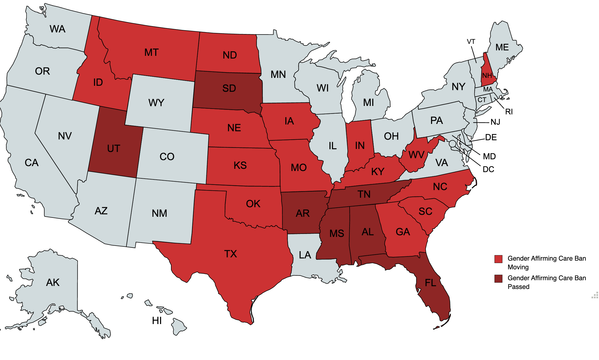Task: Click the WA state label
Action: [x=57, y=29]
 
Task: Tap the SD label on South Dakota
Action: [x=229, y=88]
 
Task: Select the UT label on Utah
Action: [x=114, y=148]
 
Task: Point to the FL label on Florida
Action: [x=430, y=283]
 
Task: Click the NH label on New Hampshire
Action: [x=487, y=75]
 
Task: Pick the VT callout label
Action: [x=471, y=42]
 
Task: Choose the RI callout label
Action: [x=509, y=112]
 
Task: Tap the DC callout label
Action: [x=488, y=169]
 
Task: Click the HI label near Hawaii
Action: [x=157, y=321]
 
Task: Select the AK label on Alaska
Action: [x=53, y=282]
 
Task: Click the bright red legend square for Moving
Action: [x=498, y=259]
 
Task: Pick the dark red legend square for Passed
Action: [x=498, y=279]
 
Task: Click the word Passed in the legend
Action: [x=518, y=287]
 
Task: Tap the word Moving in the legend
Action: [x=518, y=267]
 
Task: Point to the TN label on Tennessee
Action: [x=364, y=194]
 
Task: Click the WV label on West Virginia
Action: [x=416, y=155]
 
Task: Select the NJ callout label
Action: [x=495, y=122]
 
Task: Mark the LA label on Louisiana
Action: [x=305, y=255]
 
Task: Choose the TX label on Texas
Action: [x=231, y=254]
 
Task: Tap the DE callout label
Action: [x=491, y=137]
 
